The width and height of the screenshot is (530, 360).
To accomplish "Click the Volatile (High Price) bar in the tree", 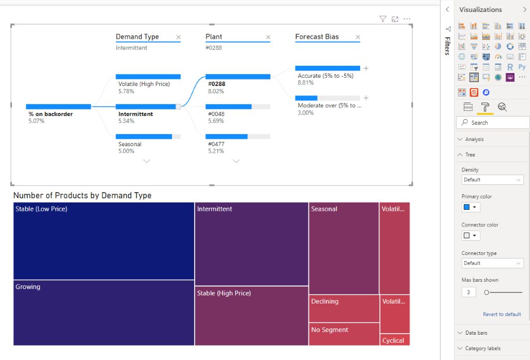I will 148,77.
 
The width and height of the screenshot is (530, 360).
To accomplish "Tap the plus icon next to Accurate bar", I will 366,68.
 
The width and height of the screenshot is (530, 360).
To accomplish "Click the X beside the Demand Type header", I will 179,37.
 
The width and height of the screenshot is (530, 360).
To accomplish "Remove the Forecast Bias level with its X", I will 358,37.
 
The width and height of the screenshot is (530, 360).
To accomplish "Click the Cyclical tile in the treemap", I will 395,340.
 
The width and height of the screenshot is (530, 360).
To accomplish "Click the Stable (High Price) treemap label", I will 224,293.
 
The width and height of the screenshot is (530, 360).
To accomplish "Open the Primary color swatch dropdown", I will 470,207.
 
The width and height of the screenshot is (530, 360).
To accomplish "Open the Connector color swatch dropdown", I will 470,236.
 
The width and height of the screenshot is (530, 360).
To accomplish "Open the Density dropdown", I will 492,180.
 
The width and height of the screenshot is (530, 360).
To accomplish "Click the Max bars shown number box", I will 468,292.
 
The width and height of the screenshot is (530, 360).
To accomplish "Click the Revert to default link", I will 502,314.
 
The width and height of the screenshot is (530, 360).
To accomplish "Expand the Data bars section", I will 476,333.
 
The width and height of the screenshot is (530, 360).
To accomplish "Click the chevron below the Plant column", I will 237,161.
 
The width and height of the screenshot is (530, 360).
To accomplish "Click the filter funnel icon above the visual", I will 382,19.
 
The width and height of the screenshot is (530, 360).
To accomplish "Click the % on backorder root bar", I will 58,107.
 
